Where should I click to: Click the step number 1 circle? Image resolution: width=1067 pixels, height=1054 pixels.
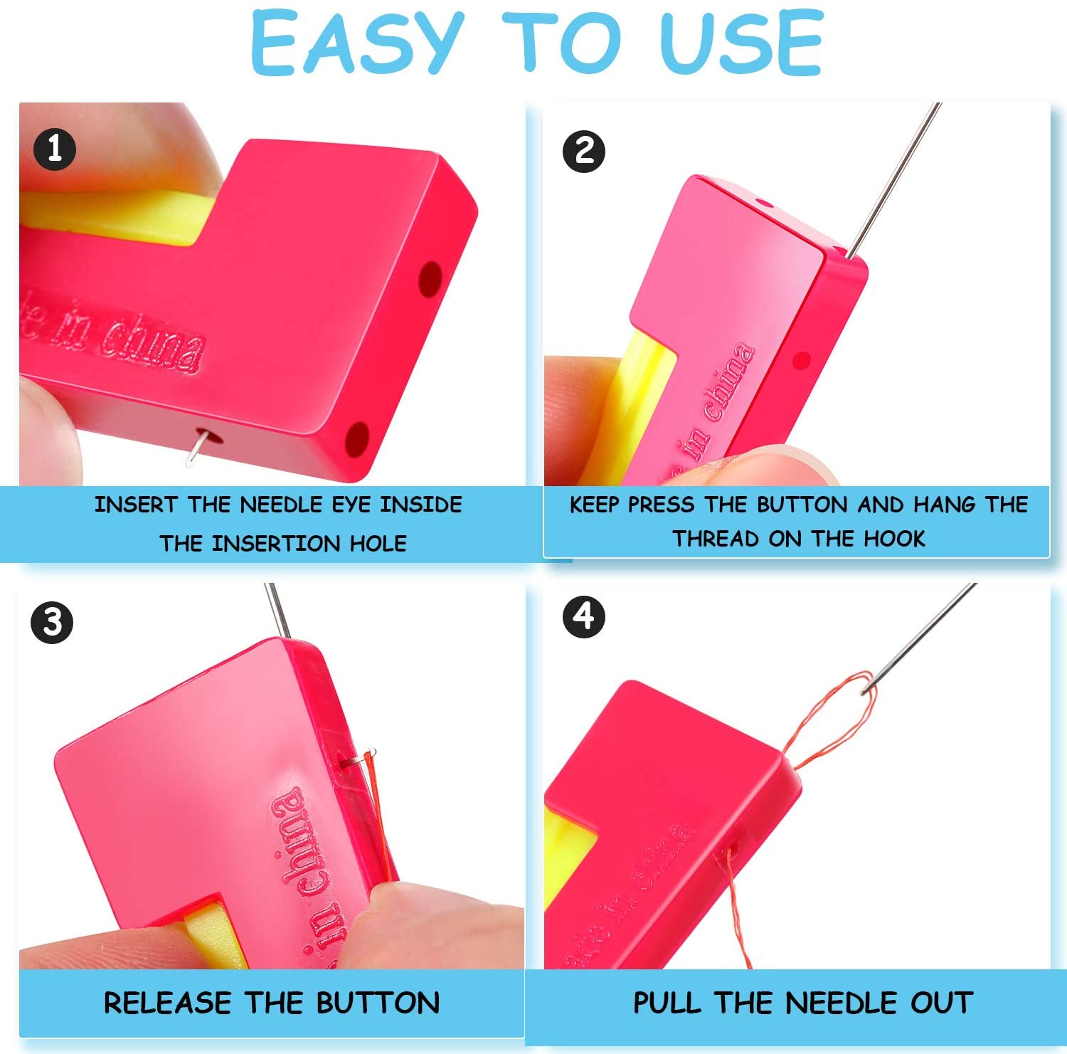(x=55, y=149)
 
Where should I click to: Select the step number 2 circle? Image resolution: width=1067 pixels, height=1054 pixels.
(x=583, y=151)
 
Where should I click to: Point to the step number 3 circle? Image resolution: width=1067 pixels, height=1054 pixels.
(x=52, y=623)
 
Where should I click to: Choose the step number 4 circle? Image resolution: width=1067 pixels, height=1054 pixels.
(x=583, y=616)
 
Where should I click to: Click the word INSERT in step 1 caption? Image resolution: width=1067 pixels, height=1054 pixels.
(x=135, y=505)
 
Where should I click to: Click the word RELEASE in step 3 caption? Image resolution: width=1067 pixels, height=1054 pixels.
(x=168, y=1003)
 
